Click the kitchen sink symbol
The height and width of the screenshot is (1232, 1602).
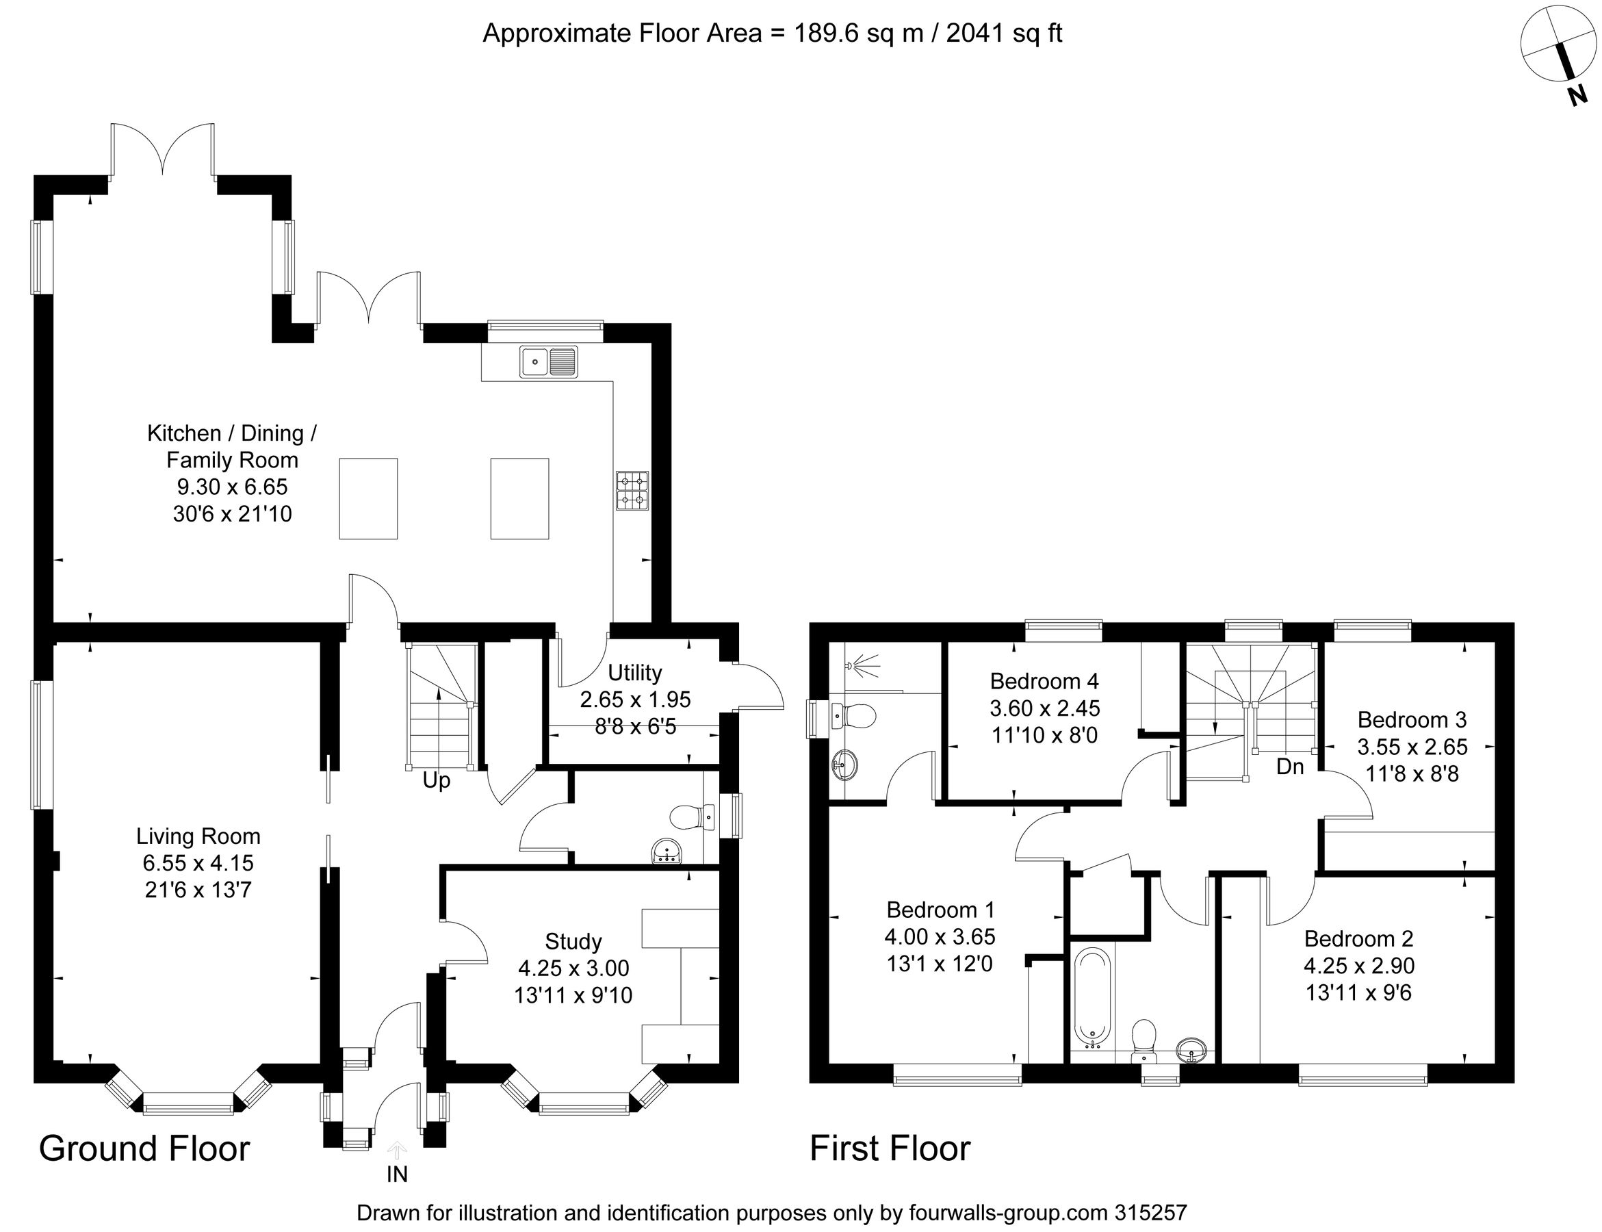[548, 361]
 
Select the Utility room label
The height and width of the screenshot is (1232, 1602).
[634, 672]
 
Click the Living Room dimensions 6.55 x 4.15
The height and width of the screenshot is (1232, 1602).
[198, 863]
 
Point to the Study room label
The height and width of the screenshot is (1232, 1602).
[573, 942]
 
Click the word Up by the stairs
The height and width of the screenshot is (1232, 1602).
[436, 781]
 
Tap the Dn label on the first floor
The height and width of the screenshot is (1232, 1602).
[1291, 767]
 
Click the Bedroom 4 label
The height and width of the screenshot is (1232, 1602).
[1044, 681]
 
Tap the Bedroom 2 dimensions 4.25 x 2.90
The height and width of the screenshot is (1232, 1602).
[1358, 966]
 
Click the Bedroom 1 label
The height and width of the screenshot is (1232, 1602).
[940, 910]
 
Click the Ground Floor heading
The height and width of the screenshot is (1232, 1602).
[144, 1148]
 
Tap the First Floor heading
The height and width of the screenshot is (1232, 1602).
[890, 1148]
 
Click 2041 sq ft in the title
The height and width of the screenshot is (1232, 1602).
[1004, 34]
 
